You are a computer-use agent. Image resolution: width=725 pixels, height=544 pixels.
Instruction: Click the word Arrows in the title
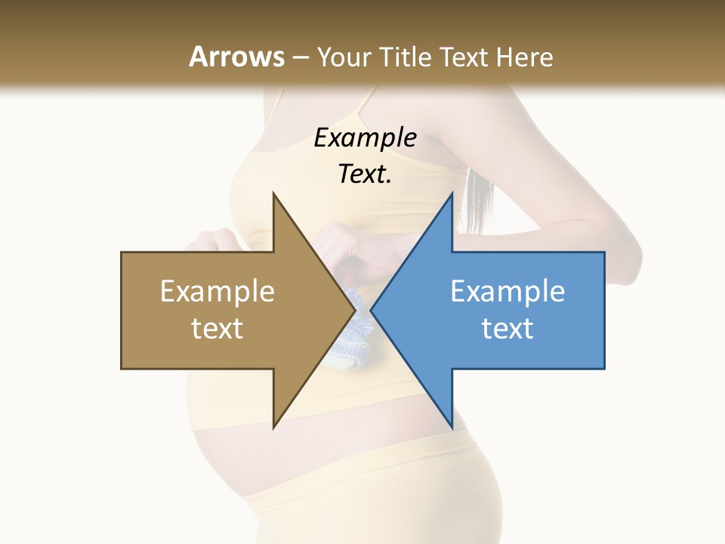click(237, 57)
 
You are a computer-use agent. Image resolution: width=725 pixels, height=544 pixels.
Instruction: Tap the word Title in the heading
click(405, 57)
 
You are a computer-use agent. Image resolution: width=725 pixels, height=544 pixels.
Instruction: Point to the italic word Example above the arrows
click(365, 138)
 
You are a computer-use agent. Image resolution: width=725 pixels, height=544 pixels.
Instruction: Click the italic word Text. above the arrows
click(365, 174)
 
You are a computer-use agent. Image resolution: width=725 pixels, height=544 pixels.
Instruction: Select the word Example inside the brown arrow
click(217, 292)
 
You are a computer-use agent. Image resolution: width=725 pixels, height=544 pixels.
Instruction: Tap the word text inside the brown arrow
click(217, 329)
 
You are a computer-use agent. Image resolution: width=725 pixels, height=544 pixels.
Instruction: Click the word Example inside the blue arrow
click(507, 292)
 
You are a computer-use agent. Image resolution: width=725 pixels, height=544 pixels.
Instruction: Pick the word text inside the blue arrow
click(507, 329)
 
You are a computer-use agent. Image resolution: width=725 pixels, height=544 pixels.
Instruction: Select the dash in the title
click(300, 57)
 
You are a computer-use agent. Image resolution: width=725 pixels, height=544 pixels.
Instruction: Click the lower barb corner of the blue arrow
click(452, 426)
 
